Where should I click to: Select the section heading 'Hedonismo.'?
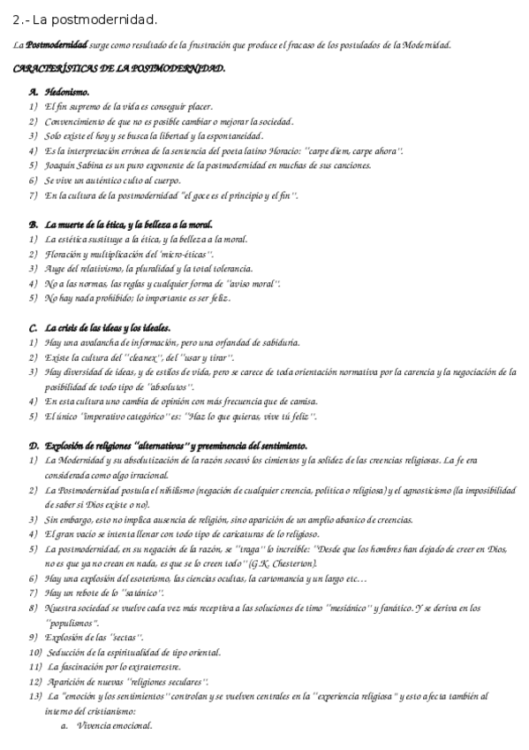point(66,91)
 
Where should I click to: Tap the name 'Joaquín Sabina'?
point(73,165)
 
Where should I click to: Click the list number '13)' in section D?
point(35,696)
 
